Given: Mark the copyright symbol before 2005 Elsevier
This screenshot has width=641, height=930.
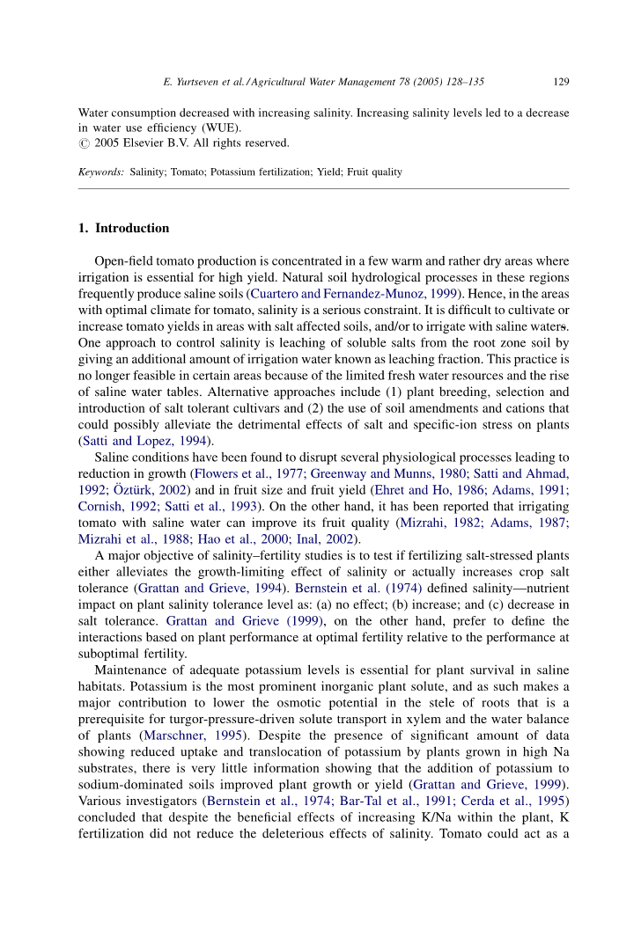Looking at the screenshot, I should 85,143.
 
